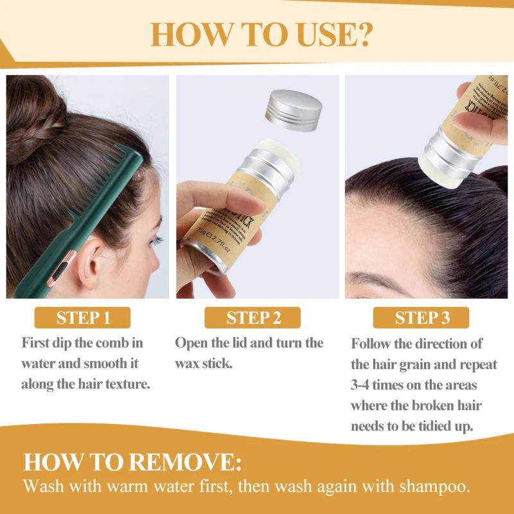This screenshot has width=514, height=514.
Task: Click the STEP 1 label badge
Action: click(84, 317)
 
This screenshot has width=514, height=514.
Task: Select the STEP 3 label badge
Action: click(421, 317)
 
